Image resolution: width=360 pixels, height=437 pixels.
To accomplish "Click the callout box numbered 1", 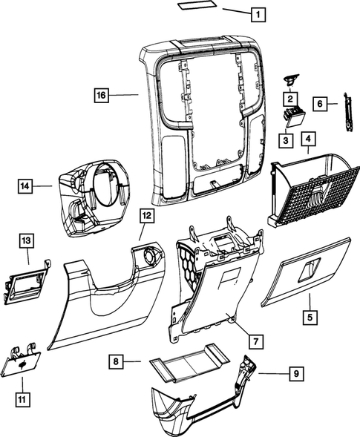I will [x=256, y=13].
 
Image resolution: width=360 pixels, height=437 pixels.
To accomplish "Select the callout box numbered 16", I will [x=101, y=95].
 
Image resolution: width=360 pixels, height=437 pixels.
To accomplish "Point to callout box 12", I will [x=146, y=217].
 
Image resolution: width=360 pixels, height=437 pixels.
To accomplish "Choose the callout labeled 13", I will [x=26, y=240].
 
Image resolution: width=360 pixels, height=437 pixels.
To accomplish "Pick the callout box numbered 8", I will [x=115, y=361].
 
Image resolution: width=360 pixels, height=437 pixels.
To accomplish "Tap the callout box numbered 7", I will [x=254, y=341].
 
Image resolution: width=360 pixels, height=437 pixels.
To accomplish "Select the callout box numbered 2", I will [x=289, y=98].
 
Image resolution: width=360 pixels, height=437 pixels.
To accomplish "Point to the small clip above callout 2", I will [x=289, y=79].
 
